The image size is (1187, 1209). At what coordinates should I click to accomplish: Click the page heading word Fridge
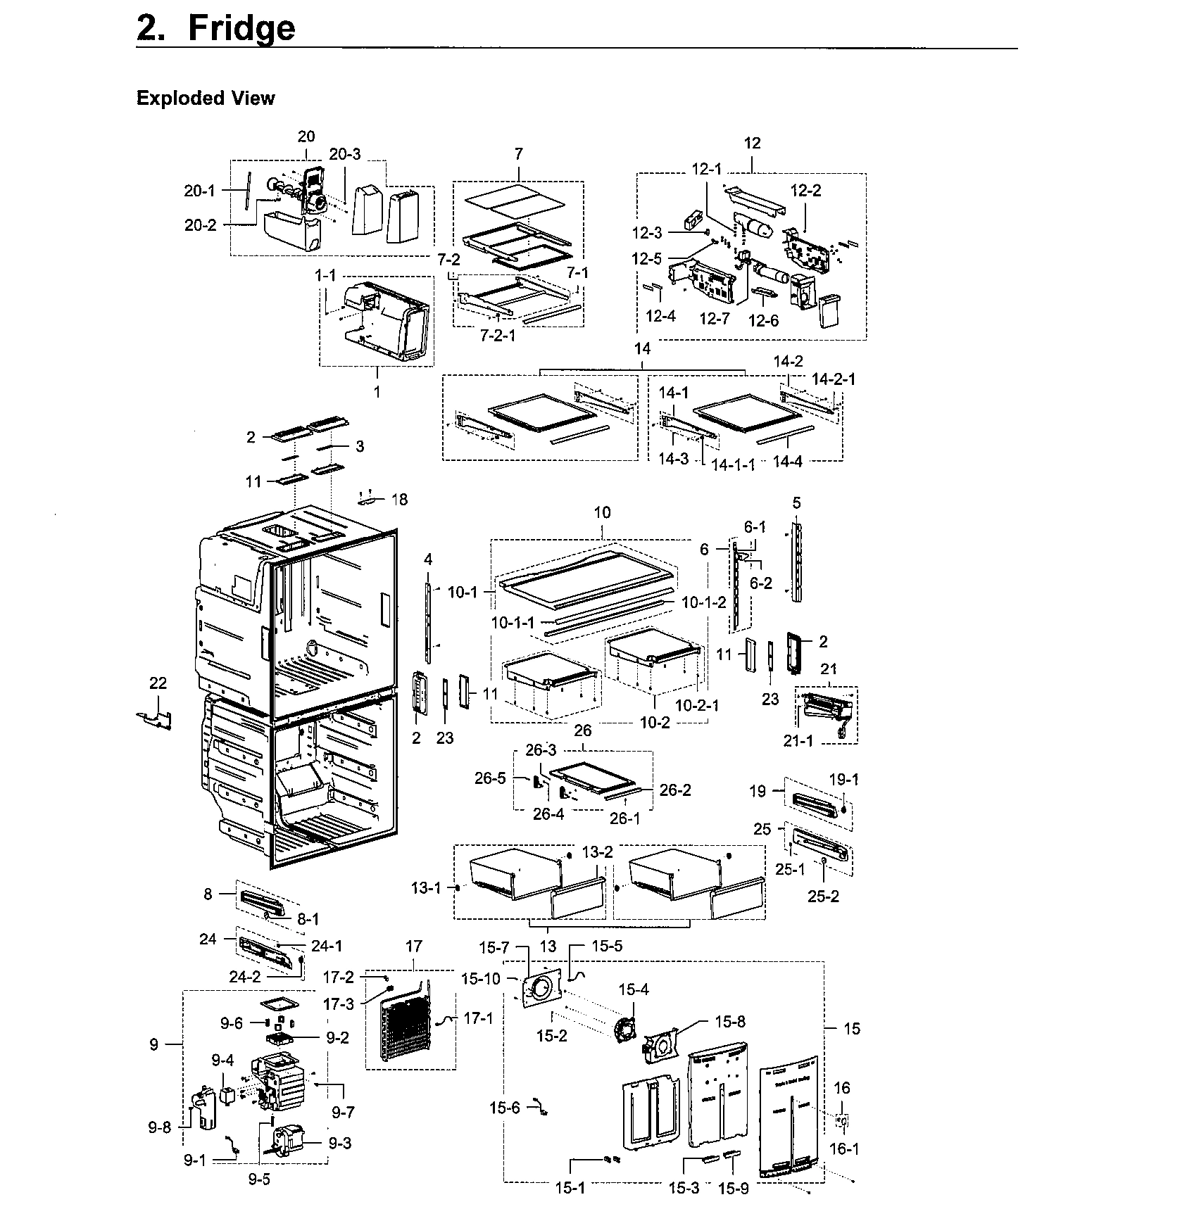pos(241,28)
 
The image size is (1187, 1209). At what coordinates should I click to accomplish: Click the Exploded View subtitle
pos(205,98)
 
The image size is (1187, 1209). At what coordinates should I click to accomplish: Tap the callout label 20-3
pos(345,154)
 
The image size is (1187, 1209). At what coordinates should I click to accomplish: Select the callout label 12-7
pos(714,319)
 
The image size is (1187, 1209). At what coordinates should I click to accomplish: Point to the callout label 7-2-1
pos(498,336)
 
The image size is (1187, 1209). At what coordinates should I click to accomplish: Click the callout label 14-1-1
pos(733,464)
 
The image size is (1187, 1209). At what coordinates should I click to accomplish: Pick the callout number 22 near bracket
pos(158,683)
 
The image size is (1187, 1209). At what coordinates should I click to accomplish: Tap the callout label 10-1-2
pos(703,602)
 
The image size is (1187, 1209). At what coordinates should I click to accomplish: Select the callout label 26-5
pos(490,778)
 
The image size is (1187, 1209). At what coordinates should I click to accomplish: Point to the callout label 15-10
pos(481,978)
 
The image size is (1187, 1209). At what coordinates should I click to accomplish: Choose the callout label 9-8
pos(159,1127)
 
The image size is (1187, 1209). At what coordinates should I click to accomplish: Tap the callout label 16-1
pos(844,1148)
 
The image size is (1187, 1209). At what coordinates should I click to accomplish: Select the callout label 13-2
pos(597,852)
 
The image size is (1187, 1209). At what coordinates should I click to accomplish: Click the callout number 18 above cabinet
pos(399,500)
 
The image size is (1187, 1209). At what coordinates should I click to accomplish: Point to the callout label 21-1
pos(798,740)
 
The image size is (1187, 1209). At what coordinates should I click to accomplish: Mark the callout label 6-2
pos(760,583)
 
